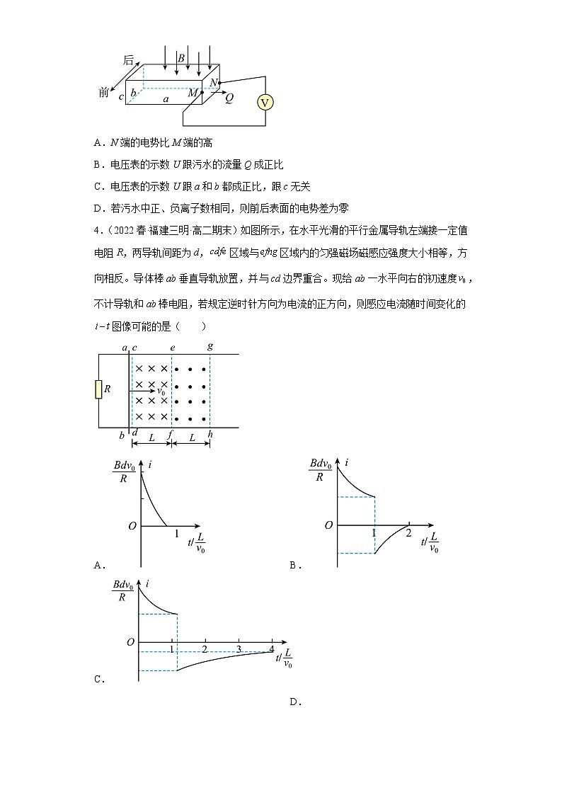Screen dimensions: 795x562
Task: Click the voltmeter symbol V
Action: (x=265, y=103)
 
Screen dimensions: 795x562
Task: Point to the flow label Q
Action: (x=229, y=99)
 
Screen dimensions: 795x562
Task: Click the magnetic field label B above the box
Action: (x=181, y=57)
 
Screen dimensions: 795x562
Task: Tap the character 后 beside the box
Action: (x=128, y=61)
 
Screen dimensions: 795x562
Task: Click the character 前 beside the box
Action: (x=105, y=93)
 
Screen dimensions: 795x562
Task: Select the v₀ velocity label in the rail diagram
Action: (x=161, y=391)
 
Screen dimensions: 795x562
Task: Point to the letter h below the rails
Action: (x=210, y=435)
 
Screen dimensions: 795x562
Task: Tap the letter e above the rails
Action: (x=172, y=348)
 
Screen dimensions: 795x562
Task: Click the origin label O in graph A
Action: (x=131, y=526)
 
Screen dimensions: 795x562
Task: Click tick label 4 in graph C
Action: (x=273, y=648)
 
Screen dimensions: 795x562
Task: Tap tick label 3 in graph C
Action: (x=239, y=648)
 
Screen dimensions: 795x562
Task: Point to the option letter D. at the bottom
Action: (x=295, y=702)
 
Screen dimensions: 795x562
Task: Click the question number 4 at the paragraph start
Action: (x=96, y=231)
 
